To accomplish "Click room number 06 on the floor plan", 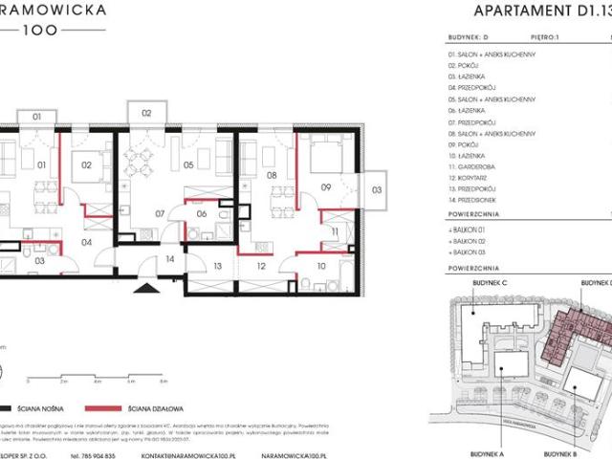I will coord(203,213).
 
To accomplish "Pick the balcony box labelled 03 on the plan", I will coord(377,189).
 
